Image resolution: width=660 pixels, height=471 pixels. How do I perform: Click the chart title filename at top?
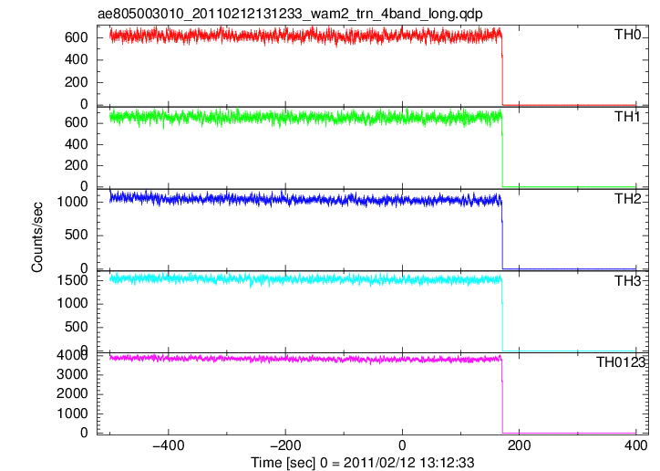[x=290, y=14]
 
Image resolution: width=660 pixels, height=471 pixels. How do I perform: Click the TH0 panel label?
[x=627, y=34]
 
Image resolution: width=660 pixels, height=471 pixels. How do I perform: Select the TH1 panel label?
[x=627, y=117]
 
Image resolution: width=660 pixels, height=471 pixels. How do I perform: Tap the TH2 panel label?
[x=627, y=199]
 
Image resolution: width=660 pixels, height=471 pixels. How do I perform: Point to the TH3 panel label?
[x=627, y=280]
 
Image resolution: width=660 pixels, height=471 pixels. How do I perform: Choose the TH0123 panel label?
[x=621, y=361]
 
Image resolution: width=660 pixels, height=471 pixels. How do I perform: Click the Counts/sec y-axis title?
[x=37, y=237]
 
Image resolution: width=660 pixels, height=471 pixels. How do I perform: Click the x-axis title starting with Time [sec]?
[x=363, y=462]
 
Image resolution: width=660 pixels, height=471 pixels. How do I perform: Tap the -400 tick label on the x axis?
[x=169, y=445]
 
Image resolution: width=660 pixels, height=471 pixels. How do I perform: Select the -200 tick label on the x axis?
[x=285, y=445]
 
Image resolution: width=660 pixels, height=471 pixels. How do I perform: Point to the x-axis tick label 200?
[x=520, y=445]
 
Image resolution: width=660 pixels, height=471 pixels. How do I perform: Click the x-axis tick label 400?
[x=636, y=445]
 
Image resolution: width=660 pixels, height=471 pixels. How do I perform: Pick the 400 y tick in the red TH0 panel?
[x=77, y=60]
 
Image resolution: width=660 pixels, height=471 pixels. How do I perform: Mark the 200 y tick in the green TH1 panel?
[x=77, y=165]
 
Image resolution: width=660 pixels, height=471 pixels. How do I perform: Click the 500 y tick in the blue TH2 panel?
[x=77, y=235]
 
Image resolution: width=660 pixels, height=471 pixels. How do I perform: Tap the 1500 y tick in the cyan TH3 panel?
[x=72, y=280]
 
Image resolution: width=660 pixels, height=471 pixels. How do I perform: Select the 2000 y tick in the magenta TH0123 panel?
[x=72, y=394]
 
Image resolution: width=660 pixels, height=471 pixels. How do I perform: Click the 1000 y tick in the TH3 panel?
[x=72, y=303]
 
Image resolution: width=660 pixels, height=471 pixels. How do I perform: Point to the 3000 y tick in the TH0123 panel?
[x=72, y=374]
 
